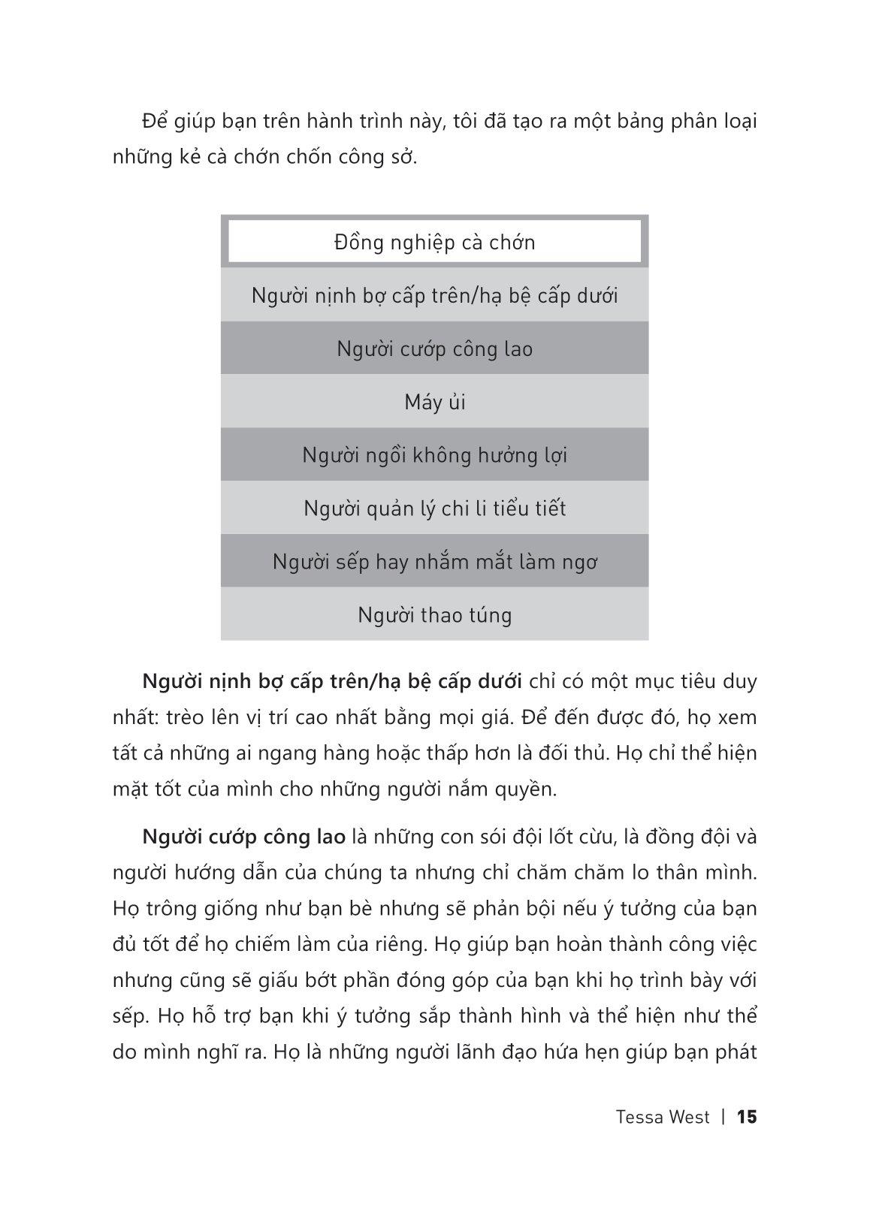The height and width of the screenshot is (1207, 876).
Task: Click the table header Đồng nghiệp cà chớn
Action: pyautogui.click(x=434, y=243)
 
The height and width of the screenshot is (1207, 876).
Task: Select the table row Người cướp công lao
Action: pyautogui.click(x=434, y=349)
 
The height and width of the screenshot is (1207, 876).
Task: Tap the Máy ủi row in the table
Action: pyautogui.click(x=434, y=403)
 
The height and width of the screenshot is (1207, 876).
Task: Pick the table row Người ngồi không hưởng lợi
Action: pyautogui.click(x=434, y=455)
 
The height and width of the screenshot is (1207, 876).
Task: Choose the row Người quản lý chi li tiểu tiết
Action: pyautogui.click(x=434, y=508)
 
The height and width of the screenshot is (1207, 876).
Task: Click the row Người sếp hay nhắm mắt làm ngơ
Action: pyautogui.click(x=434, y=562)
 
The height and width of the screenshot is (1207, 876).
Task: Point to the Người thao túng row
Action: pyautogui.click(x=434, y=615)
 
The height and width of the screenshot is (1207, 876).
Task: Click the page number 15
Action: pyautogui.click(x=747, y=1117)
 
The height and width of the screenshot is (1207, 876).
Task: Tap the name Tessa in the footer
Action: pyautogui.click(x=639, y=1117)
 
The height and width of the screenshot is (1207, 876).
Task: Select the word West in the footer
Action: pyautogui.click(x=690, y=1117)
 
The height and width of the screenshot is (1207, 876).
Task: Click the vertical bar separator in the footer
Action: pyautogui.click(x=723, y=1117)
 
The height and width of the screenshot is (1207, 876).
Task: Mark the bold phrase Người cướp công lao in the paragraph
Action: pyautogui.click(x=243, y=837)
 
